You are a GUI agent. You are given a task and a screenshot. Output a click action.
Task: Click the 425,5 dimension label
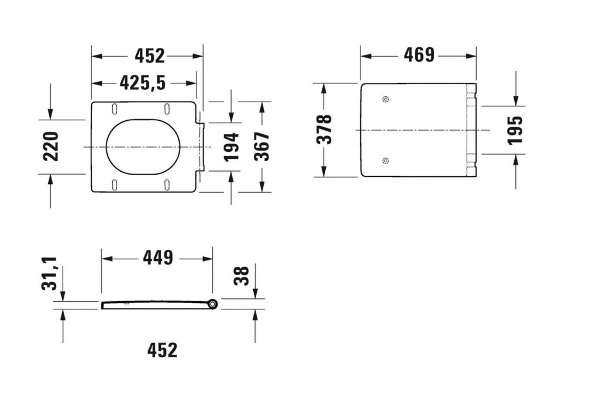click(x=143, y=83)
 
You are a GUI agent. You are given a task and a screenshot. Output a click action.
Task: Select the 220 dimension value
click(x=51, y=146)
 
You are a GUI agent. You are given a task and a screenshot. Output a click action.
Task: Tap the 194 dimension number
click(x=232, y=147)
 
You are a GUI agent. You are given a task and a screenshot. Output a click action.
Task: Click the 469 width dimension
click(x=419, y=55)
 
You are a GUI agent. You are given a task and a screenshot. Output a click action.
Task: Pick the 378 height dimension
click(x=323, y=130)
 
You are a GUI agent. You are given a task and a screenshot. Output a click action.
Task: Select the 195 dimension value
click(x=514, y=130)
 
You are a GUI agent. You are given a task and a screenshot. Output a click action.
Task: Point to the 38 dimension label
click(x=242, y=276)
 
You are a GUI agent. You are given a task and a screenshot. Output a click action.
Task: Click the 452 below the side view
click(x=162, y=350)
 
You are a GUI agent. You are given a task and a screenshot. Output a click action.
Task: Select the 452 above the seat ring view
click(x=150, y=55)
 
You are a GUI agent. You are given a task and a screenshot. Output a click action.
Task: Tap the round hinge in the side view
click(x=212, y=304)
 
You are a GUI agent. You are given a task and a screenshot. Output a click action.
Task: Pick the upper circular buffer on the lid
click(x=384, y=99)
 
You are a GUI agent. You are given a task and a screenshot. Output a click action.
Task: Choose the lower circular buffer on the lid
click(x=384, y=161)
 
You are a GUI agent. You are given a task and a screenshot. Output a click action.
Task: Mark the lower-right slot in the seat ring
click(x=168, y=186)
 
